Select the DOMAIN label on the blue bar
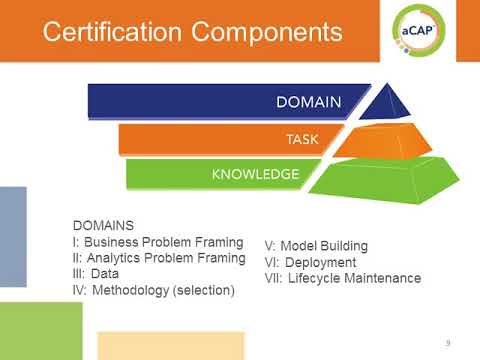309,102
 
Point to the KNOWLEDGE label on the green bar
255,175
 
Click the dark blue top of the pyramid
391,103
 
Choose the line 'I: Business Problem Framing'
159,242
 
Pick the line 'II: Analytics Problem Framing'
161,258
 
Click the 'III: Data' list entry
104,274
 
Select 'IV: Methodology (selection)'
155,290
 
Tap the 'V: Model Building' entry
316,246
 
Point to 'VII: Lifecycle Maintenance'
342,278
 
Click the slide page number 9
448,343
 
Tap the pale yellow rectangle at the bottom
170,344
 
